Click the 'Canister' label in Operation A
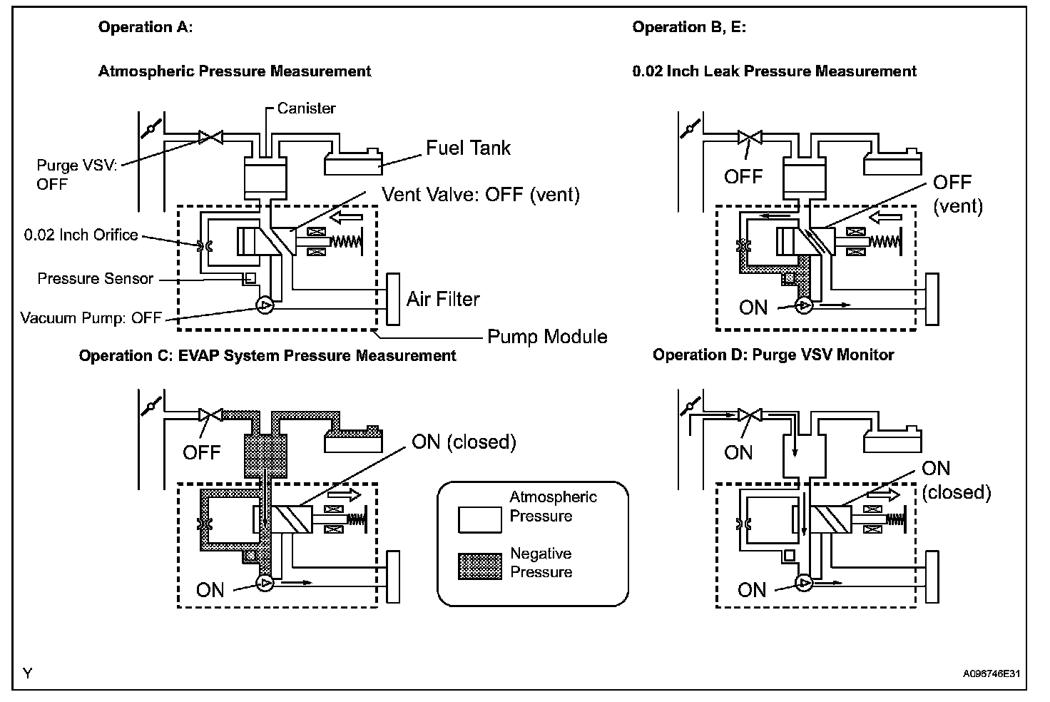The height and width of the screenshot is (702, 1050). point(306,108)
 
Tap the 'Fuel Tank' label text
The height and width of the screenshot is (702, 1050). point(468,148)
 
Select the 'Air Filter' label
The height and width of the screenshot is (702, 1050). point(443,299)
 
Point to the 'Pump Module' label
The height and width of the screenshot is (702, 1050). point(547,336)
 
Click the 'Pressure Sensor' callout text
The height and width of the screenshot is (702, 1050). point(96,278)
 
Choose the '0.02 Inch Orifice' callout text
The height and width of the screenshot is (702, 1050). point(81,235)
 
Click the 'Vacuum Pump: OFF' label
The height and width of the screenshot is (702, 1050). point(91,317)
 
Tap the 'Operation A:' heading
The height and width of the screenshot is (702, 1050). point(146,27)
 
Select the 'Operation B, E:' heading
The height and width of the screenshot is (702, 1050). point(689,27)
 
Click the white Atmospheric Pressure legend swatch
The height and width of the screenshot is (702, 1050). point(480,519)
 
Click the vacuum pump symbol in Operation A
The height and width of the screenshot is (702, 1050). point(265,306)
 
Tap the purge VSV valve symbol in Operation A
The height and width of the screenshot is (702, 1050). point(210,136)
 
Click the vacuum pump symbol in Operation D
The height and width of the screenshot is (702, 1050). point(804,584)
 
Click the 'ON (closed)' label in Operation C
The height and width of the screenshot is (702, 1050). point(464,442)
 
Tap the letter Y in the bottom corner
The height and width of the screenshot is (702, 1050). point(27,673)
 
